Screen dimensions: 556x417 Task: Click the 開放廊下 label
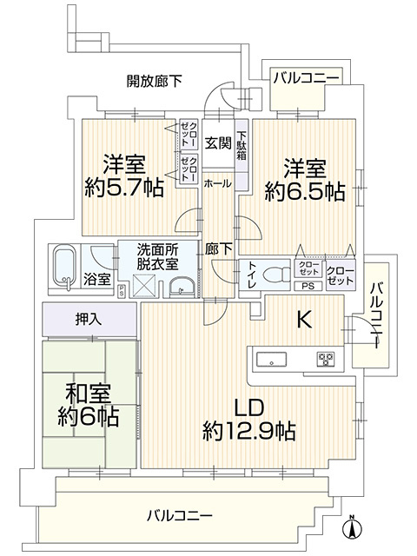pos(155,81)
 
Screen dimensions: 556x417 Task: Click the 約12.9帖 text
pos(248,429)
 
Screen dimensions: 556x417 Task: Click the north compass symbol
pos(354,527)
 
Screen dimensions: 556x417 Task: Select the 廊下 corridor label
pos(218,248)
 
